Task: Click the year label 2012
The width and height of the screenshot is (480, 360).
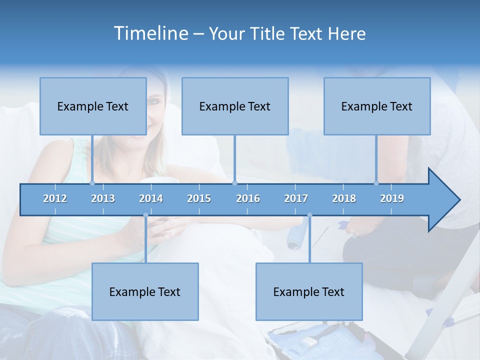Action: pos(55,198)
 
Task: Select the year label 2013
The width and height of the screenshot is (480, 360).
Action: pos(103,198)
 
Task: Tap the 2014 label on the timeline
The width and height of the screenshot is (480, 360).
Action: pos(151,198)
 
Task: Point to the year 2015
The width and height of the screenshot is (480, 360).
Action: pos(199,198)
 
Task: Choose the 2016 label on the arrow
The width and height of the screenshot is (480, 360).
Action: pos(248,198)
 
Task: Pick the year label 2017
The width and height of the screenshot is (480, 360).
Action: pos(296,198)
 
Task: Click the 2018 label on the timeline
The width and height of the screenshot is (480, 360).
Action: pos(344,198)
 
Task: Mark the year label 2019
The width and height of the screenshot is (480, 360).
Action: pos(392,198)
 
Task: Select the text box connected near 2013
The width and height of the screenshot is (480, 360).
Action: pos(93,106)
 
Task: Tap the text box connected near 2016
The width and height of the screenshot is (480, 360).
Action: pos(235,106)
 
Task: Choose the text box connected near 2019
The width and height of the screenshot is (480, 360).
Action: pos(377,106)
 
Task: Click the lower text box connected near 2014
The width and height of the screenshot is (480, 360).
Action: pos(145,291)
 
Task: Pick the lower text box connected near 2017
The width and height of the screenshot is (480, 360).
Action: pos(309,291)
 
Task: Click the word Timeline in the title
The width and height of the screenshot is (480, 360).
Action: pos(150,33)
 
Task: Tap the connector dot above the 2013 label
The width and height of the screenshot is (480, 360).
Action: pos(92,183)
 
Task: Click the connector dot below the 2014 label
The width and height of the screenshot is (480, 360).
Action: pos(145,215)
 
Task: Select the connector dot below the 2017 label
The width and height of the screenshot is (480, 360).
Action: pos(309,215)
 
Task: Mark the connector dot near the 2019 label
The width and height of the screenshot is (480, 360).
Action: pos(376,183)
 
